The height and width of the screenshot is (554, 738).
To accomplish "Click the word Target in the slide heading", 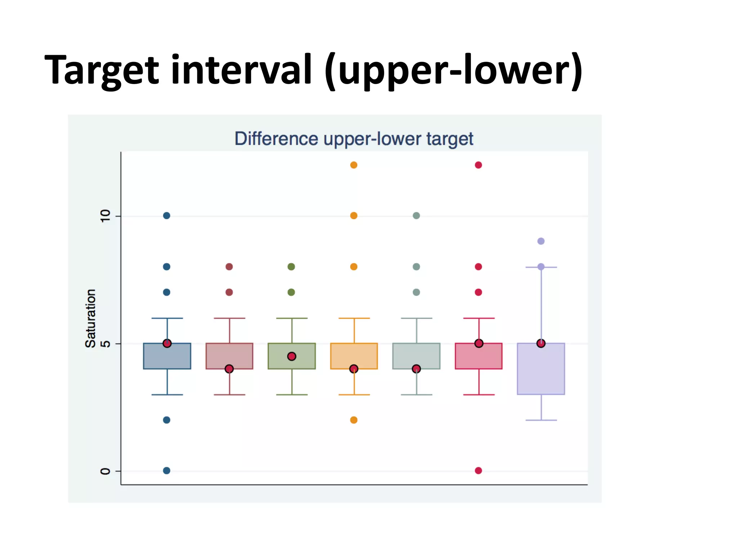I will pyautogui.click(x=102, y=70).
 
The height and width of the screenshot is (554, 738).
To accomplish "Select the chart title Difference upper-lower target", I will pyautogui.click(x=354, y=139).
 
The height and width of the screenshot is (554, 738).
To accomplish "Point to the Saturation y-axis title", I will pyautogui.click(x=90, y=318).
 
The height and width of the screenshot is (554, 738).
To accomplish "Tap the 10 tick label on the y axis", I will pyautogui.click(x=105, y=216).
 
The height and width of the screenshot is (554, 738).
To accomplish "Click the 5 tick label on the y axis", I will pyautogui.click(x=105, y=343).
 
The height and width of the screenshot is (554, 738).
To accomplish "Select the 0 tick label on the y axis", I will pyautogui.click(x=105, y=471).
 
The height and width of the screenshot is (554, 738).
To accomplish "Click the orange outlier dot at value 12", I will pyautogui.click(x=354, y=165).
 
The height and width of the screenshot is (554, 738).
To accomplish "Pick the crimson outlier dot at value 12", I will pyautogui.click(x=479, y=165).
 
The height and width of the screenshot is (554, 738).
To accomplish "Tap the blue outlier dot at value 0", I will pyautogui.click(x=166, y=470).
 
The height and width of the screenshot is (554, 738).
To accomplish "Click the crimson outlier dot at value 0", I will pyautogui.click(x=479, y=470).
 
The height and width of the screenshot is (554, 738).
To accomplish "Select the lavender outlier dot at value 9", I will pyautogui.click(x=541, y=241).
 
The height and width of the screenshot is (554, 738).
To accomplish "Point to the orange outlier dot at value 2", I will pyautogui.click(x=354, y=420).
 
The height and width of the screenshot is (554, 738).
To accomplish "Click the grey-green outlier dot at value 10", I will pyautogui.click(x=416, y=216).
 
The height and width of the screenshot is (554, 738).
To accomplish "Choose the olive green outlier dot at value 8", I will pyautogui.click(x=292, y=267).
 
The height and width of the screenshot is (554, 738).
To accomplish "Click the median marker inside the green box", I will pyautogui.click(x=292, y=356).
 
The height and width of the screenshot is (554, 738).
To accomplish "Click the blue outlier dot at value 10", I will pyautogui.click(x=166, y=216).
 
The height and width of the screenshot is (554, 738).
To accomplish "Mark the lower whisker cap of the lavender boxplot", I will pyautogui.click(x=541, y=420).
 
